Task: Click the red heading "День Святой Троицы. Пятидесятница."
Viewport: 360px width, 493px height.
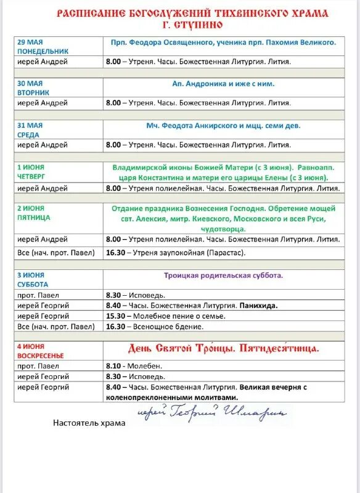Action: (x=223, y=349)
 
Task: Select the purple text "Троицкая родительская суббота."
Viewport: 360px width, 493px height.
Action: (x=223, y=275)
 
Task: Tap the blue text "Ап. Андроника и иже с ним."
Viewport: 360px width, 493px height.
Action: (x=223, y=84)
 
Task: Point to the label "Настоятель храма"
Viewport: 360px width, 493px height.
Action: (x=89, y=423)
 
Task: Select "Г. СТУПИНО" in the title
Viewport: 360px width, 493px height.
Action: (x=192, y=25)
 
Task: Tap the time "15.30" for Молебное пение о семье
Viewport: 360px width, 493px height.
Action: (x=115, y=316)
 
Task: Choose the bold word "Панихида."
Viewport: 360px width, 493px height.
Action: (x=259, y=305)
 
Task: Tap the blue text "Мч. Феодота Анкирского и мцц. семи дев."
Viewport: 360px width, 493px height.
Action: (x=223, y=126)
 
